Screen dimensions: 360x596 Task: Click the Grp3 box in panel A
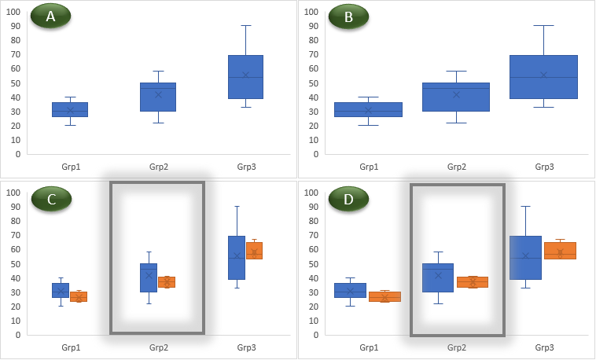245,76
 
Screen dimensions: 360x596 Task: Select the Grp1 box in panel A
70,109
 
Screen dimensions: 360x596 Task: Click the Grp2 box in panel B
456,97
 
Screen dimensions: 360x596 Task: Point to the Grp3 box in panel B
543,76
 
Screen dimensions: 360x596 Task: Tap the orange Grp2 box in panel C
166,282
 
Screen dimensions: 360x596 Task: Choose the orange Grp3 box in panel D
560,251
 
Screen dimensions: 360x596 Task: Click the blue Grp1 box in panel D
350,290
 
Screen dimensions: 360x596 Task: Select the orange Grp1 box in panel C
78,296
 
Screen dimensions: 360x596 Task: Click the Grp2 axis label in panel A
158,167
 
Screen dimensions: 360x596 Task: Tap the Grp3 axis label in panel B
544,167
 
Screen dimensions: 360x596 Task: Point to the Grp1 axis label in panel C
70,347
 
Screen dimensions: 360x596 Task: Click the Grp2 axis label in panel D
456,347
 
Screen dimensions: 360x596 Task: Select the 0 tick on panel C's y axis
16,335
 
